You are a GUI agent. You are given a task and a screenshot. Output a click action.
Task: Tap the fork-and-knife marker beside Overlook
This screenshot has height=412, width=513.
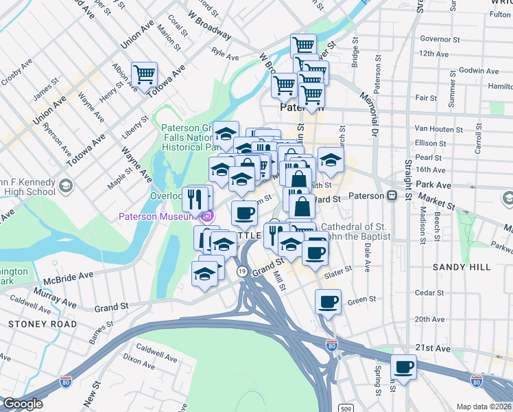pyautogui.click(x=195, y=199)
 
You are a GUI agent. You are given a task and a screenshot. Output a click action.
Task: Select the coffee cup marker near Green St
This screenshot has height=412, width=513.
pyautogui.click(x=328, y=301)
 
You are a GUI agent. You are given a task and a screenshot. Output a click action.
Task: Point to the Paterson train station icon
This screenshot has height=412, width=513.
pyautogui.click(x=392, y=196)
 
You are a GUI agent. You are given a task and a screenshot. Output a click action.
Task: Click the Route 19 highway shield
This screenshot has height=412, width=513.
pyautogui.click(x=242, y=272)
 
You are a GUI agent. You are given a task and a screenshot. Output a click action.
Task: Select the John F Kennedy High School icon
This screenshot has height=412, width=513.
pyautogui.click(x=65, y=185)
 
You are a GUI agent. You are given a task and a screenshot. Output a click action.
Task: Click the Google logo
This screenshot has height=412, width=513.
pyautogui.click(x=23, y=404)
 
